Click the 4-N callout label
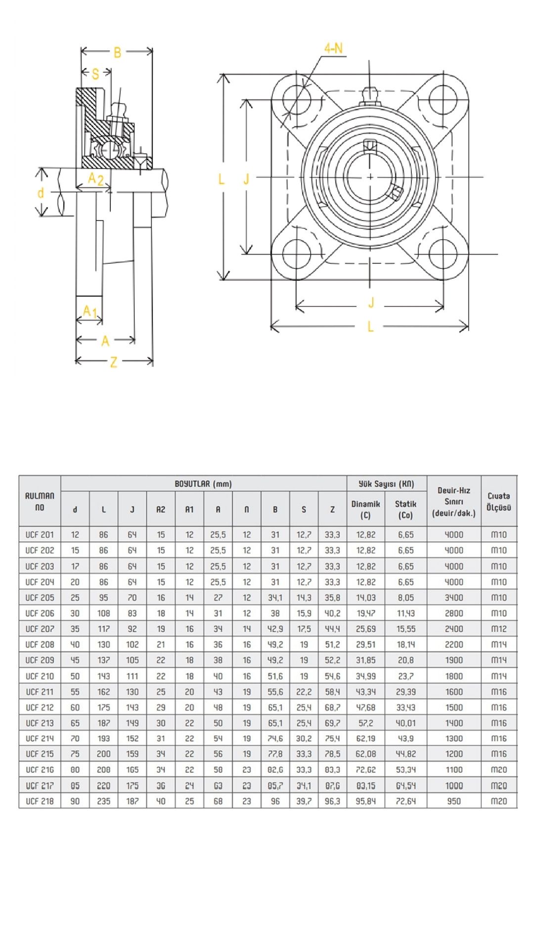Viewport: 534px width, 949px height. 333,48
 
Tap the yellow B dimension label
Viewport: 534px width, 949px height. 117,53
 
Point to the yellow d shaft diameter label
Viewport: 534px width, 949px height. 41,193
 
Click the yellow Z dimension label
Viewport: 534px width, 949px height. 113,362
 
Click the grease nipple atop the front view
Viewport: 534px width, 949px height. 369,95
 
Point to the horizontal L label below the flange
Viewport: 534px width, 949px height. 370,326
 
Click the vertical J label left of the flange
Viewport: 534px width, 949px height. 246,179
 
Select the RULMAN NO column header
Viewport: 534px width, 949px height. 40,501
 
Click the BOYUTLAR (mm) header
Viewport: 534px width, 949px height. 203,483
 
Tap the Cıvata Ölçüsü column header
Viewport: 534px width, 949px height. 498,501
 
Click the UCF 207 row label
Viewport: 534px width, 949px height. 40,629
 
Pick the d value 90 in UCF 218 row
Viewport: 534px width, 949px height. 75,801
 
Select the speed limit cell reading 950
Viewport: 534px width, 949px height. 453,801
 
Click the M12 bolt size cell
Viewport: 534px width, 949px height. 498,629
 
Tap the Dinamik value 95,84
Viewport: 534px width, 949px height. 366,801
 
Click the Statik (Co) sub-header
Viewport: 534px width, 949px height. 405,509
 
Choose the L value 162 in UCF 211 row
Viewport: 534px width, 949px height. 103,691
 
